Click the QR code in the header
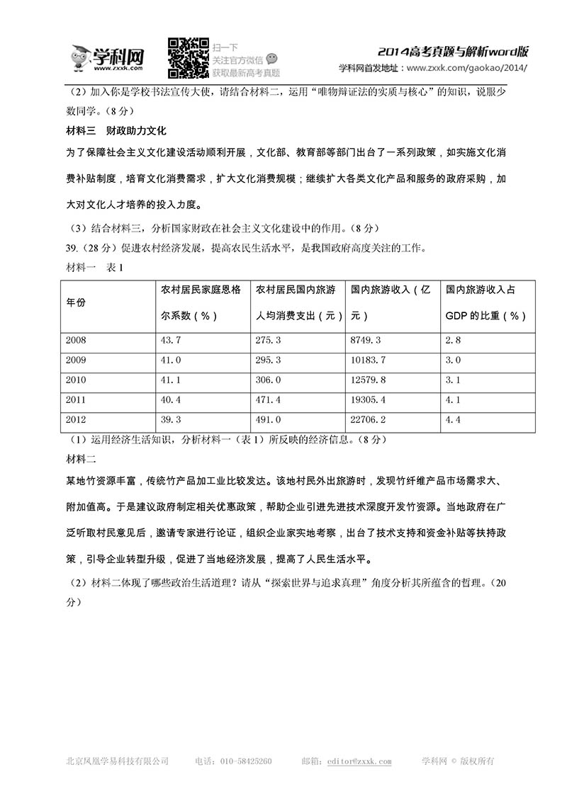click(188, 57)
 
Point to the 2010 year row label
click(76, 380)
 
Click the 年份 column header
click(76, 302)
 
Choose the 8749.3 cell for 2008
click(366, 341)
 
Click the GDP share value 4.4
click(453, 420)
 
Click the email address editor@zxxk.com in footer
click(359, 761)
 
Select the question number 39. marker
click(72, 248)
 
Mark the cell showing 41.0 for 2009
click(172, 360)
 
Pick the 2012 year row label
click(76, 420)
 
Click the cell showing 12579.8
click(369, 380)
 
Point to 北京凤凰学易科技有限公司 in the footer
click(117, 761)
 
